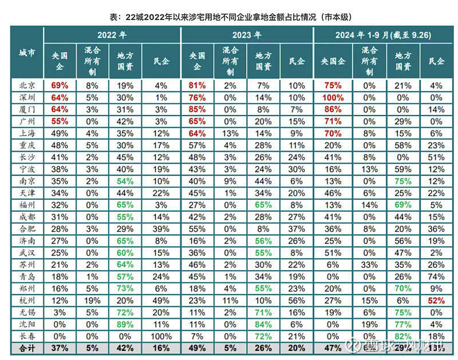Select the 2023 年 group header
pos(247,35)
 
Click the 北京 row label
pos(26,85)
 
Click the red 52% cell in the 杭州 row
pos(436,300)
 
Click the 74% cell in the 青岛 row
pos(436,276)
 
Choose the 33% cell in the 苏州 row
pos(370,264)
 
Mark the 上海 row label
pos(26,133)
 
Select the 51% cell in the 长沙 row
pos(436,157)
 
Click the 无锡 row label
pos(26,312)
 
